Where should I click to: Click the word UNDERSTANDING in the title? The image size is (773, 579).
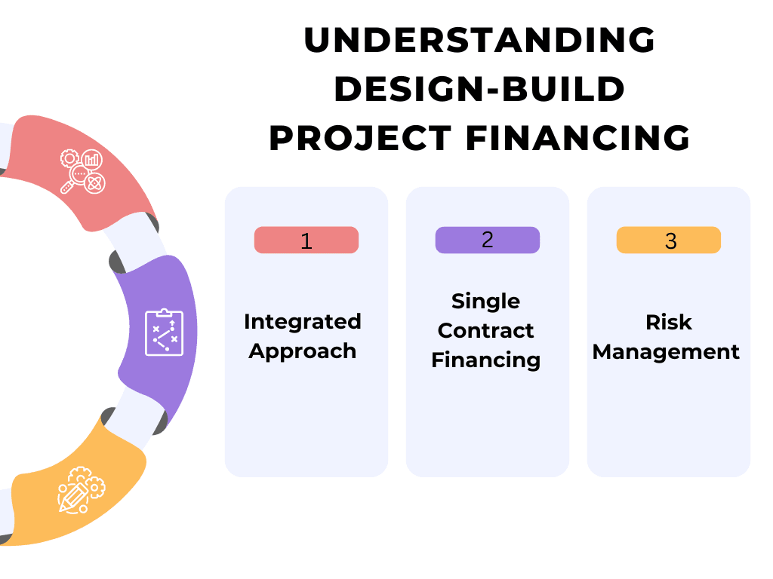pos(479,41)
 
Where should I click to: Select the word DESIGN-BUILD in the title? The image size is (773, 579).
pos(479,90)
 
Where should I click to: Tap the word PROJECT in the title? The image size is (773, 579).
pos(360,139)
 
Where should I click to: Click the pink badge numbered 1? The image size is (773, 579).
pos(306,240)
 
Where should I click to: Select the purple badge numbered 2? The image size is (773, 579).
pos(487,240)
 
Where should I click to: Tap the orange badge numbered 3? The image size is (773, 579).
pos(669,240)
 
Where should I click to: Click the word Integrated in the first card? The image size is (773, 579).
pos(303,321)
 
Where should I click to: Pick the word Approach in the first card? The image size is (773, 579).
pos(303,351)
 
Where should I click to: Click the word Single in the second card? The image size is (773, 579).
pos(485,301)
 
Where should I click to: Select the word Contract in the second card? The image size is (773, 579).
pos(485,330)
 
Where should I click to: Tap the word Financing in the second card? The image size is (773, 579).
pos(485,360)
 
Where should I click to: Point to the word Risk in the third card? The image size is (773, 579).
pos(668,322)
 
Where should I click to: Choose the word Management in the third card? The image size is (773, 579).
pos(666,351)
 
